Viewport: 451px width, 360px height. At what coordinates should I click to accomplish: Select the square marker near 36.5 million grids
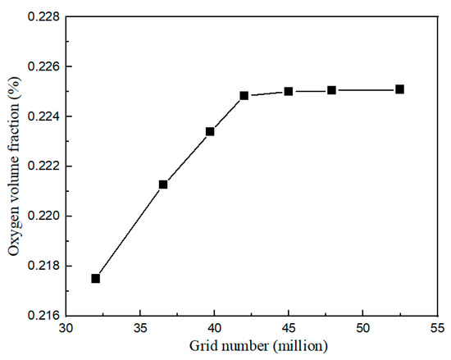[163, 185]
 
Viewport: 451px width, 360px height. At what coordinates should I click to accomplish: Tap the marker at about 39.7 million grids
[210, 131]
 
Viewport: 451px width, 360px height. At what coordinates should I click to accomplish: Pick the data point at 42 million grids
[244, 95]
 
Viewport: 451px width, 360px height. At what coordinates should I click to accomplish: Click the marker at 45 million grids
[289, 91]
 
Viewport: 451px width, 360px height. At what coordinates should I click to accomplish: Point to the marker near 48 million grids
[331, 90]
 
